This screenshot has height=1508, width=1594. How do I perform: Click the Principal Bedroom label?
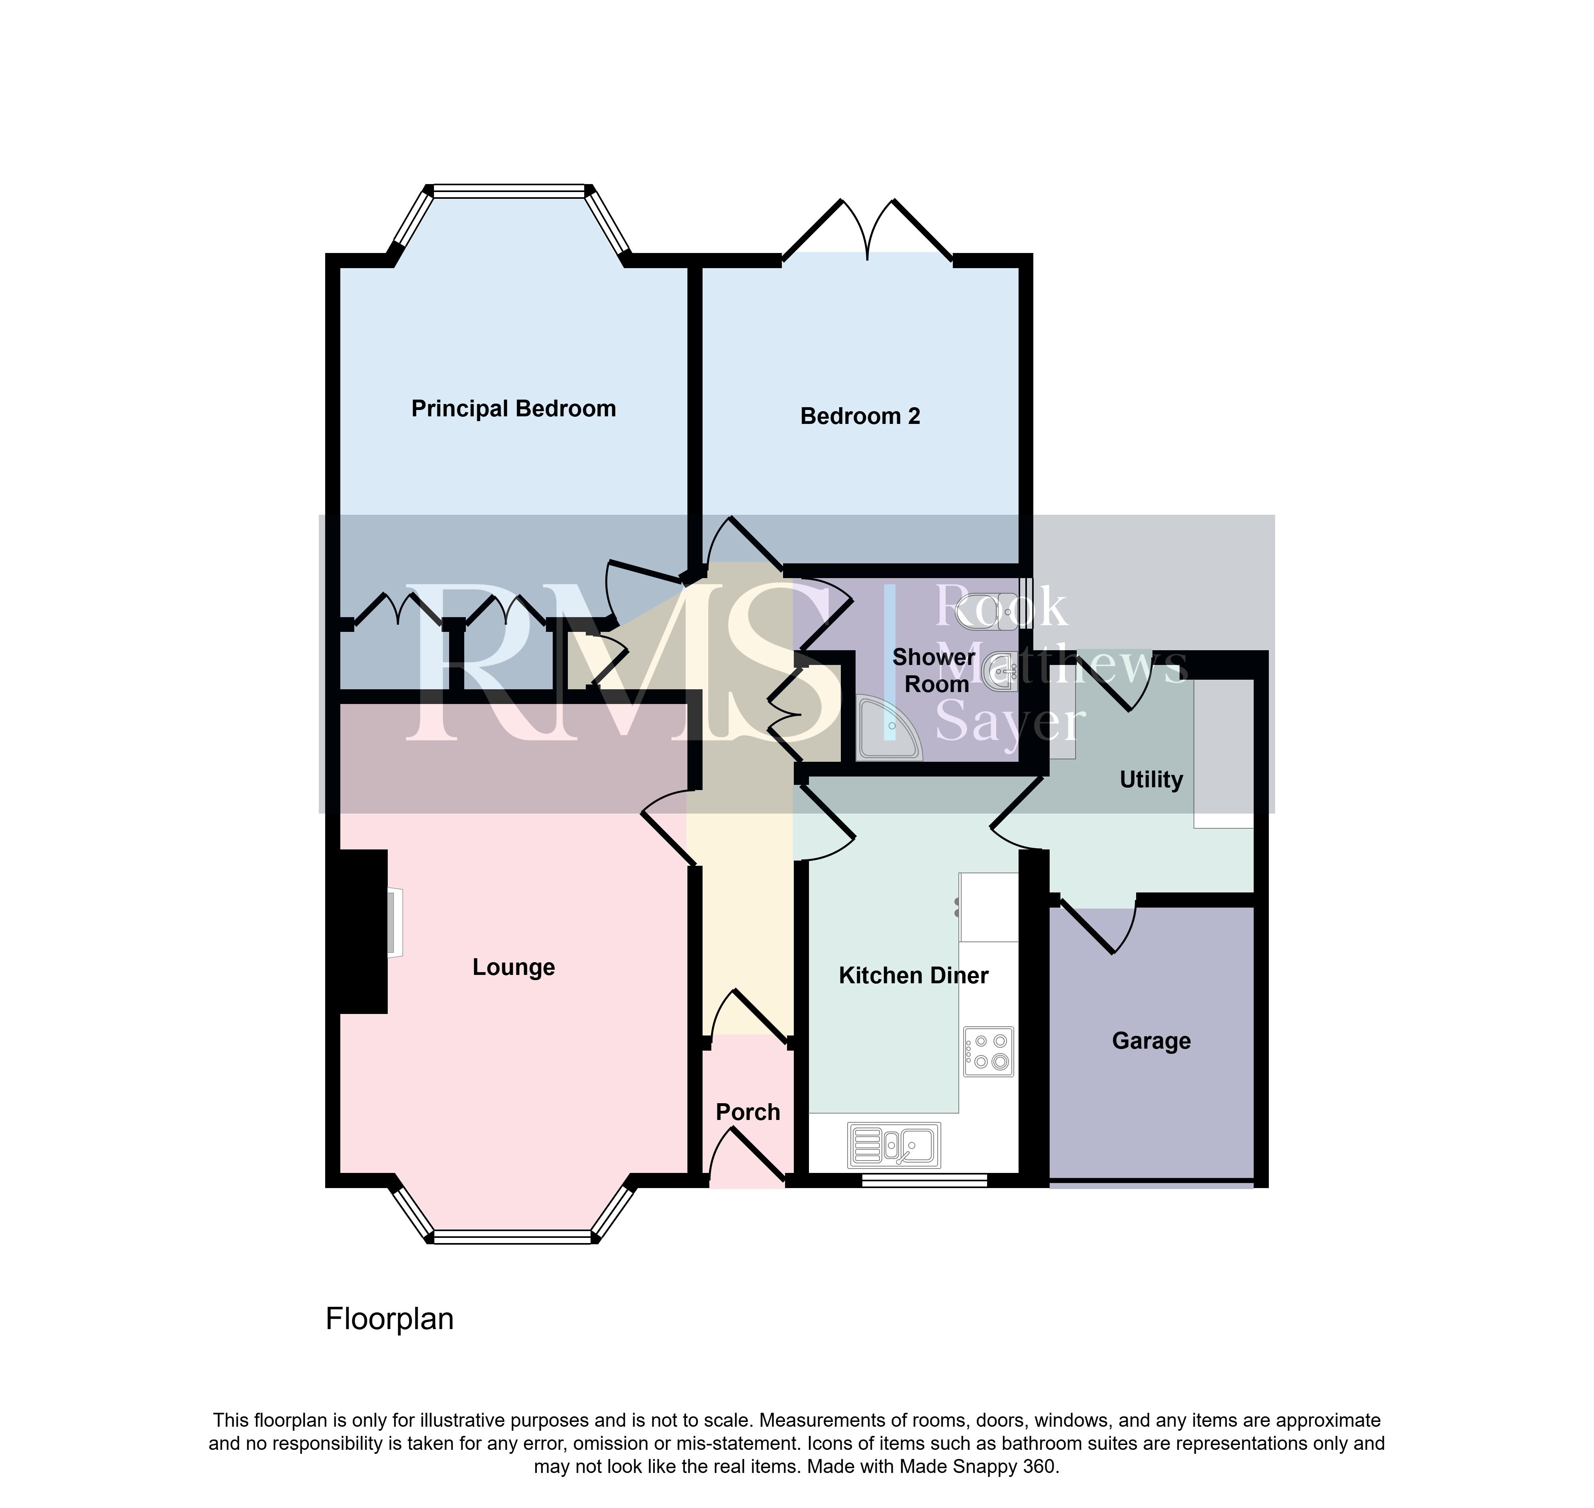pyautogui.click(x=514, y=409)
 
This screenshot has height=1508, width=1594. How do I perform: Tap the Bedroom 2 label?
pyautogui.click(x=860, y=416)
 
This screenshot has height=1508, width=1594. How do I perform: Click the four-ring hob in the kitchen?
pyautogui.click(x=989, y=1051)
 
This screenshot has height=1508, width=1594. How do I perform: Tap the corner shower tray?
pyautogui.click(x=888, y=729)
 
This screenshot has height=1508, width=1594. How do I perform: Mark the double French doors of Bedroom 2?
pyautogui.click(x=868, y=229)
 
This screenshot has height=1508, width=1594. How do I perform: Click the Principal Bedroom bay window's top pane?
pyautogui.click(x=509, y=191)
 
